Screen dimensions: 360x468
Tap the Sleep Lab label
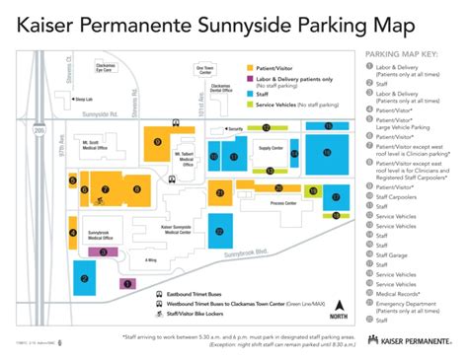coord(84,100)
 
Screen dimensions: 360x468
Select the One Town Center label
coord(204,70)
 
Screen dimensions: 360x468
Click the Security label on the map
coord(235,128)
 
